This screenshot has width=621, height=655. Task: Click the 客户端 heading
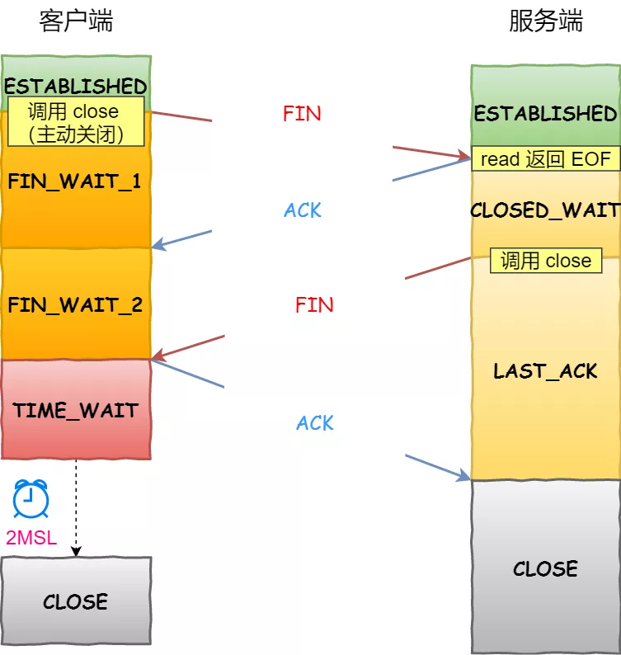click(x=76, y=21)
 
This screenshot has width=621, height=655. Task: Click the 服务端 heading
click(x=545, y=21)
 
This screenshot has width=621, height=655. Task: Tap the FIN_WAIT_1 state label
click(x=75, y=181)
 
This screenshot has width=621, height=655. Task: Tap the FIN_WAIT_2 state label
click(x=75, y=305)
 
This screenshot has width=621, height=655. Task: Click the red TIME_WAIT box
click(x=76, y=410)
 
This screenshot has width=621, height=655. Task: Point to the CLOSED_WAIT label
click(x=545, y=210)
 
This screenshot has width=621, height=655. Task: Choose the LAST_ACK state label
click(x=545, y=371)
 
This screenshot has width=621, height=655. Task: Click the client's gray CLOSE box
click(x=76, y=601)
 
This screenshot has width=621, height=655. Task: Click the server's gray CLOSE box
click(x=545, y=569)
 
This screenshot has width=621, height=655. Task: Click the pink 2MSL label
click(x=31, y=539)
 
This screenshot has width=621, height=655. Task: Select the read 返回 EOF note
click(x=545, y=159)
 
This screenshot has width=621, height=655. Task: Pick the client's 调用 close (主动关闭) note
click(x=75, y=122)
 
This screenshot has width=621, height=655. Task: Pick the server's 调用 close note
click(x=545, y=262)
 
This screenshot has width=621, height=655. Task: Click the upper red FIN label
click(x=302, y=114)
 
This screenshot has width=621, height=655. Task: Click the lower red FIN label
click(x=314, y=305)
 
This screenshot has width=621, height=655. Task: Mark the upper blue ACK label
click(x=303, y=210)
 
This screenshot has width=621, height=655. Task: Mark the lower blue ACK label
click(x=315, y=423)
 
